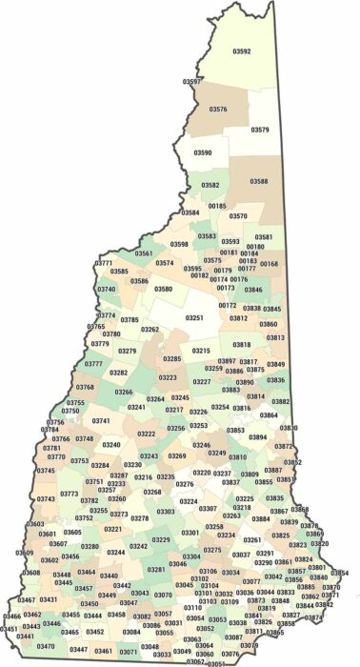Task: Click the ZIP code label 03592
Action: coord(242,51)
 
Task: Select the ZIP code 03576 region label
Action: coord(218,111)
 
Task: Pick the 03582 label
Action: coord(210,185)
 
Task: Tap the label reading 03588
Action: coord(259,181)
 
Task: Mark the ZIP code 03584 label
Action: coord(190,212)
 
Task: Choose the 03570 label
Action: coord(238,216)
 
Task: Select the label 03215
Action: coord(201,351)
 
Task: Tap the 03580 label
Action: coord(164,289)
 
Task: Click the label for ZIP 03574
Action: coord(165,263)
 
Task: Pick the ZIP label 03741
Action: coord(101,420)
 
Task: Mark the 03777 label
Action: coord(93,364)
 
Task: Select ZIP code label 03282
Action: coord(118,374)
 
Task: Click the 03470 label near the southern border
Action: coord(45,647)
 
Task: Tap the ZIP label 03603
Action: coord(35,524)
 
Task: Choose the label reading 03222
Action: coord(146,434)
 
